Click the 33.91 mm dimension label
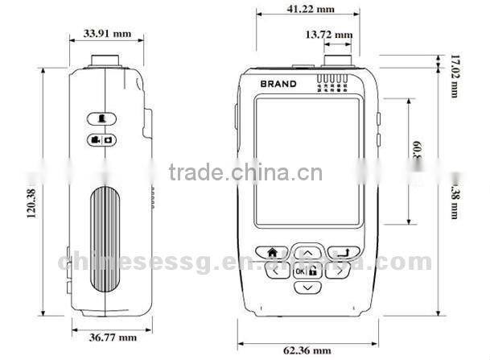pyautogui.click(x=106, y=34)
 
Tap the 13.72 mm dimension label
pyautogui.click(x=328, y=35)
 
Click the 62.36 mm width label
pyautogui.click(x=307, y=350)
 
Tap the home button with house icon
pyautogui.click(x=272, y=251)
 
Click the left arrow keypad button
pyautogui.click(x=276, y=271)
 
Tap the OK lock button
pyautogui.click(x=307, y=271)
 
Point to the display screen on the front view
pyautogui.click(x=307, y=160)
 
